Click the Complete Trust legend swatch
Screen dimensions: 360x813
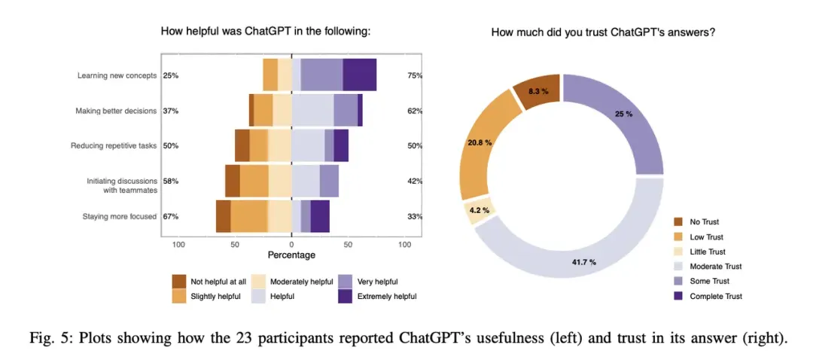(677, 296)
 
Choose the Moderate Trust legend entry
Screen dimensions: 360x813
(715, 267)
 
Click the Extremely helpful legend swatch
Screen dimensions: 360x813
(346, 296)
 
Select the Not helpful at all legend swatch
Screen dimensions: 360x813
(178, 282)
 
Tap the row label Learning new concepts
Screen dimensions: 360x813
(117, 75)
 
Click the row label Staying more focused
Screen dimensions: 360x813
(120, 216)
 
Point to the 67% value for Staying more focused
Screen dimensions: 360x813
(171, 217)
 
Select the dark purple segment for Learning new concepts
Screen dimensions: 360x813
(359, 75)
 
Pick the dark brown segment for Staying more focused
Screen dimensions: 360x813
(223, 216)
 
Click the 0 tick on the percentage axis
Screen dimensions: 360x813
(291, 245)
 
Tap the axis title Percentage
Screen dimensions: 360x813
(291, 256)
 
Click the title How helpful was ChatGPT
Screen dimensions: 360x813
(266, 32)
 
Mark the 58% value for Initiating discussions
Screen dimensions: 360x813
(171, 182)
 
